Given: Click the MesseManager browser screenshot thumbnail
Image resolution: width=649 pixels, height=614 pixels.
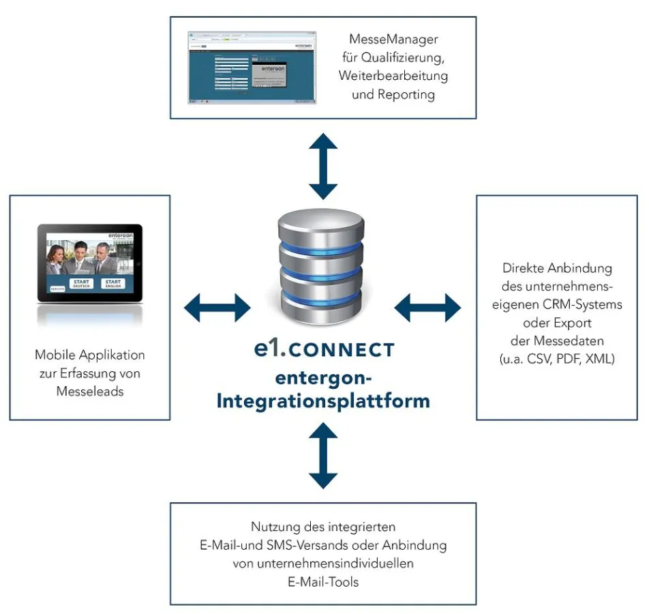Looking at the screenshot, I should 252,67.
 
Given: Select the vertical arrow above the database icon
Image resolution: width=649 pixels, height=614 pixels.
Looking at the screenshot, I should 323,166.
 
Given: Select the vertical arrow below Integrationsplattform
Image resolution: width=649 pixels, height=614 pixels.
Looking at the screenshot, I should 323,455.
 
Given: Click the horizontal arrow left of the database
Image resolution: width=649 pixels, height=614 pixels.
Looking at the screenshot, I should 217,308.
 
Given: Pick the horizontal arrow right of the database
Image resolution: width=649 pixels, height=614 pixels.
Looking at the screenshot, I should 428,308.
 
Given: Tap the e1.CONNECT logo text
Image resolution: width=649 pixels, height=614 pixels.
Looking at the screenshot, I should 323,350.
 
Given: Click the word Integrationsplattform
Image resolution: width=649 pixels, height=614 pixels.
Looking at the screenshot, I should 323,400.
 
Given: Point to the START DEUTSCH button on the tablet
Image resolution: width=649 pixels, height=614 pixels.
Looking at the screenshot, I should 81,283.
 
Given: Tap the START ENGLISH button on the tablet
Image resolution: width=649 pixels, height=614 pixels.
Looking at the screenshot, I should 113,283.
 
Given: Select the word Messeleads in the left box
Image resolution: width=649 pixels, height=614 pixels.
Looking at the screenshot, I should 89,391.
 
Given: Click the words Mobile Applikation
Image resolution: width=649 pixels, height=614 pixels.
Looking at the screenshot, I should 89,355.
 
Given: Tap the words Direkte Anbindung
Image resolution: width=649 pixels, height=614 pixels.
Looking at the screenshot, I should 557,268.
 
